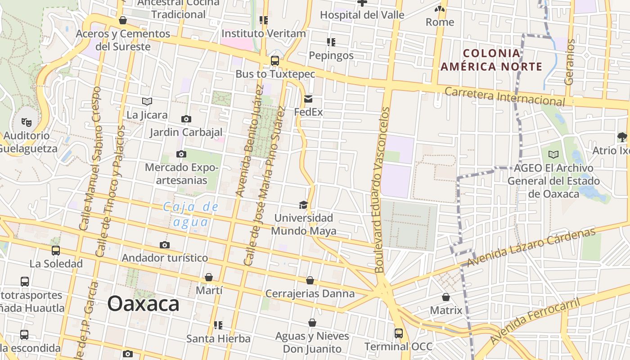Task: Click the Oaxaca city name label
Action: pos(143,304)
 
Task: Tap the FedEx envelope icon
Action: pos(308,99)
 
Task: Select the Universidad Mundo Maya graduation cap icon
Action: pos(304,205)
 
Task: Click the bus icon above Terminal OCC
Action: pos(399,333)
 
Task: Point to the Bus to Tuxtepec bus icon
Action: pos(274,61)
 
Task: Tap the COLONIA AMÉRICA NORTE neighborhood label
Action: pos(491,60)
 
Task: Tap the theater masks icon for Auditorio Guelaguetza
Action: pos(27,122)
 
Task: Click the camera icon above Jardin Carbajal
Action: pos(186,119)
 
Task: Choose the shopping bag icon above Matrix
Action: pos(446,297)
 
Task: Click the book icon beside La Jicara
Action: pos(147,102)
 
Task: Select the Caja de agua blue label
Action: pos(191,214)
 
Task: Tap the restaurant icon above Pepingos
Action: pos(331,43)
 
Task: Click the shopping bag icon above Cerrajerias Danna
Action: pos(310,281)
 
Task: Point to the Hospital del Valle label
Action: pos(362,15)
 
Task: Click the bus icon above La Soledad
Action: pos(56,251)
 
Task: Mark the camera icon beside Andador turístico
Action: pos(165,245)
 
